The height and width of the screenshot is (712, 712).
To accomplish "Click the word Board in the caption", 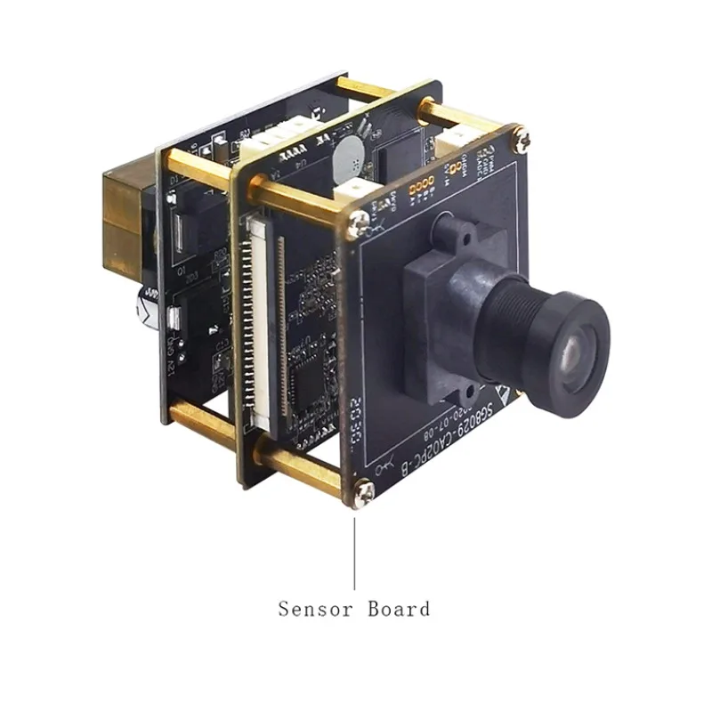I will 398,610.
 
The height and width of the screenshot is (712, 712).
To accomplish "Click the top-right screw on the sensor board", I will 521,139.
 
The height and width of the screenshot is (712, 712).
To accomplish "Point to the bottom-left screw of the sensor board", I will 362,492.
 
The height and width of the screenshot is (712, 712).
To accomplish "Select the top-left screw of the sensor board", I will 359,225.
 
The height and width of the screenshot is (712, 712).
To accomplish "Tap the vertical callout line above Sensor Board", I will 356,552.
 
